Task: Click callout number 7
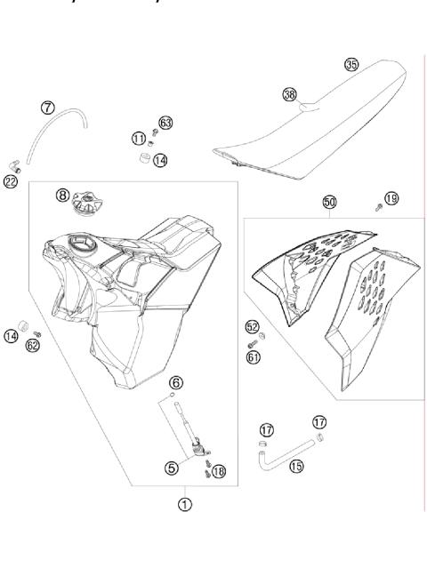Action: (48, 108)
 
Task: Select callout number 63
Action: (165, 122)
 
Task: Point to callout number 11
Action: (138, 138)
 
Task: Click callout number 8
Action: (61, 194)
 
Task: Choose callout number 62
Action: (33, 345)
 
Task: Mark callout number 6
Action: (176, 382)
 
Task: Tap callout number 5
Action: (171, 466)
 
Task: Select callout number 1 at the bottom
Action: (184, 503)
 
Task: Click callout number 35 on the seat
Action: (351, 64)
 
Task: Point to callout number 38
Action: (289, 93)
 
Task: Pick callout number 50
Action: (329, 204)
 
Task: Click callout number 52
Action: (252, 326)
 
